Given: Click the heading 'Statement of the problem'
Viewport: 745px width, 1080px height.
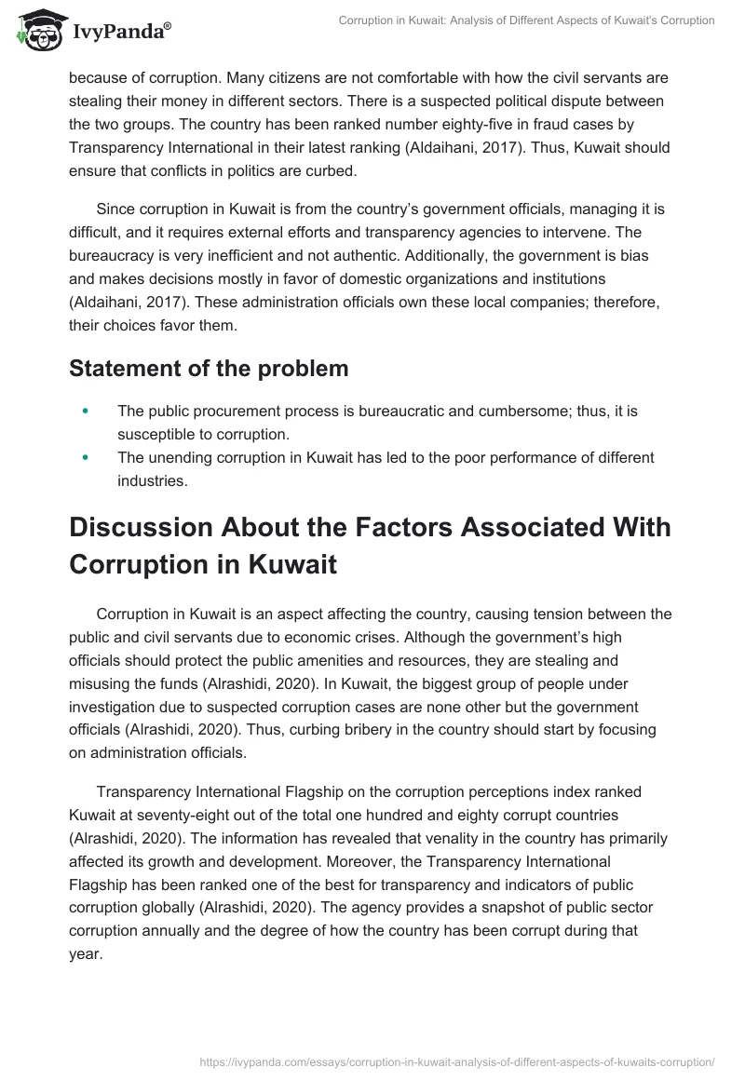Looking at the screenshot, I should point(209,368).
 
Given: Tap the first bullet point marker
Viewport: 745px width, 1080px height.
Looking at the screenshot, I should point(87,410).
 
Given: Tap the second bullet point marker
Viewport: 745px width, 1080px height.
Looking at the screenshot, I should point(87,458).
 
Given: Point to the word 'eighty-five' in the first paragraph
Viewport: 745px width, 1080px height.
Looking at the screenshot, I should point(422,124).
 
